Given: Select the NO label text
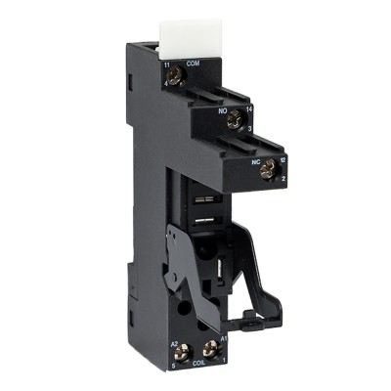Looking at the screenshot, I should tap(224, 111).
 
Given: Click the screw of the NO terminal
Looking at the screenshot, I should tap(234, 121).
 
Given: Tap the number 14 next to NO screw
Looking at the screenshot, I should tap(250, 112).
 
